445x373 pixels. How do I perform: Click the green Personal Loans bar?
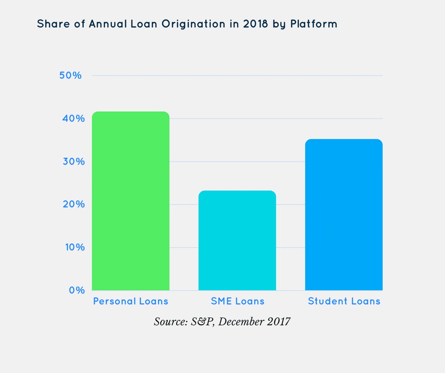[131, 201]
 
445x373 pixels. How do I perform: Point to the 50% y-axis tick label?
[71, 76]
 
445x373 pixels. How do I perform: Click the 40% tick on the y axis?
[71, 118]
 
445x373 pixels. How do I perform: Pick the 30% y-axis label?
[71, 161]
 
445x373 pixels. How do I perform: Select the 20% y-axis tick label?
[71, 204]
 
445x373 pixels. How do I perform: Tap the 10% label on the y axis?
[71, 248]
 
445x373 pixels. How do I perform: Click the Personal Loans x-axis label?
[131, 301]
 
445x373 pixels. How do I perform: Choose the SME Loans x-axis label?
[237, 301]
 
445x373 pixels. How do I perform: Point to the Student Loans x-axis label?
[344, 301]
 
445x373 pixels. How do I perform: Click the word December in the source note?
[240, 322]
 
